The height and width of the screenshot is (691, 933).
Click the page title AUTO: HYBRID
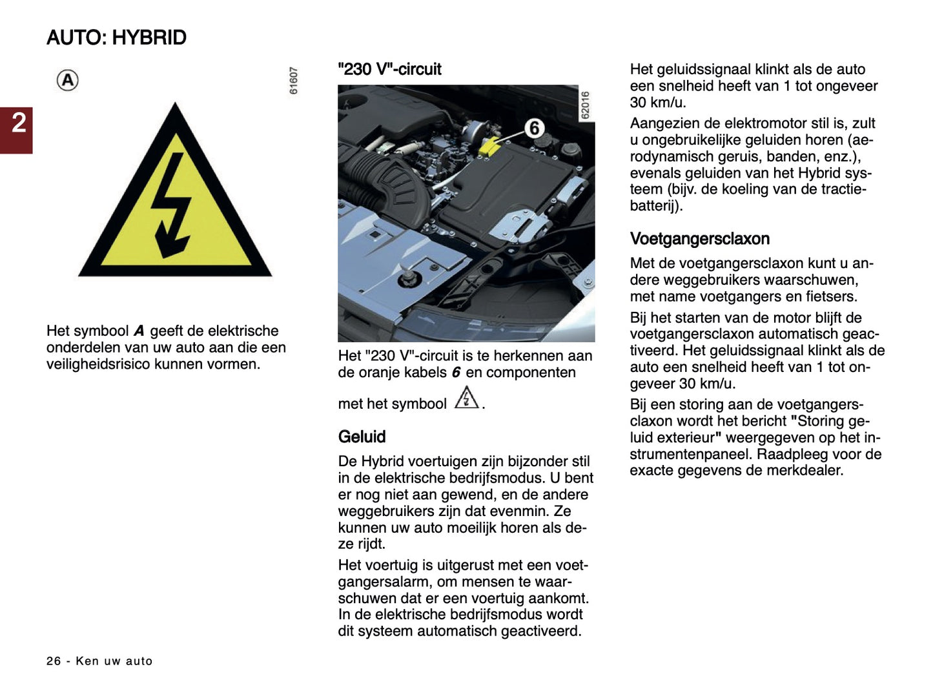pyautogui.click(x=116, y=37)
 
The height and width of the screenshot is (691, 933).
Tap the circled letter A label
pyautogui.click(x=68, y=81)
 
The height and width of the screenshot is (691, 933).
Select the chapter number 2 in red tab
pyautogui.click(x=18, y=123)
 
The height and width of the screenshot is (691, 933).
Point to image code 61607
pyautogui.click(x=294, y=81)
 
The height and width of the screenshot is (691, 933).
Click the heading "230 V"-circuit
pyautogui.click(x=389, y=69)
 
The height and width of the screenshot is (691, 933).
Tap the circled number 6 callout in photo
pyautogui.click(x=534, y=128)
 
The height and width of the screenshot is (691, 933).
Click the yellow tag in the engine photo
pyautogui.click(x=489, y=145)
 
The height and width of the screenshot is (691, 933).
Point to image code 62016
pyautogui.click(x=585, y=105)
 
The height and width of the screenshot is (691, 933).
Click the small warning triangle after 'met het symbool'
pyautogui.click(x=466, y=398)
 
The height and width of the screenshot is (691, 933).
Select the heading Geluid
pyautogui.click(x=362, y=437)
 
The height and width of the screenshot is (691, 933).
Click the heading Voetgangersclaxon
pyautogui.click(x=699, y=239)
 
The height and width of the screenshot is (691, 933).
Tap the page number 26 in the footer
pyautogui.click(x=54, y=661)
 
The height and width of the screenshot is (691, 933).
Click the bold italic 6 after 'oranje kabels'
pyautogui.click(x=456, y=373)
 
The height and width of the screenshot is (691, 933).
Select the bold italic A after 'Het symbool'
pyautogui.click(x=139, y=331)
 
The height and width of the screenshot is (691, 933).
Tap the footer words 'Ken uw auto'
pyautogui.click(x=114, y=661)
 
